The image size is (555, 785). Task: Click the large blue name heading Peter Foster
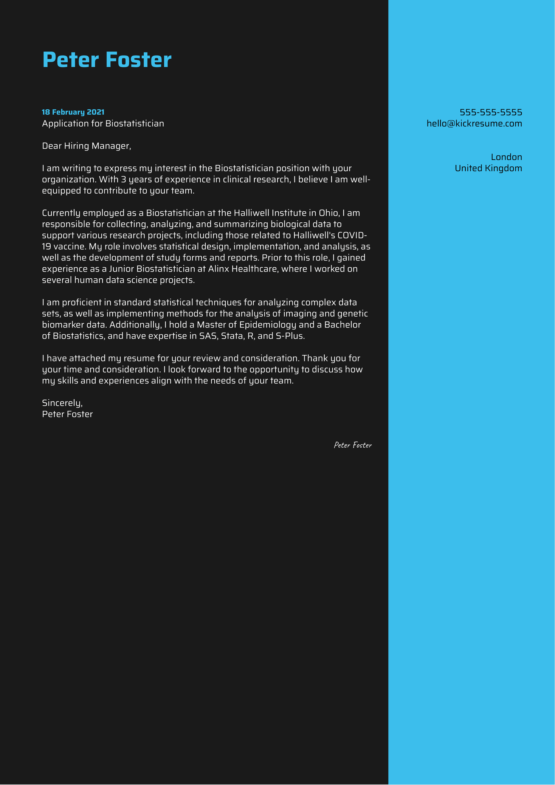[x=107, y=60]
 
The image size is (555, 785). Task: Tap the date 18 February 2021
[x=73, y=112]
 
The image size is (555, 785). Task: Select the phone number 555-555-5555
[x=491, y=112]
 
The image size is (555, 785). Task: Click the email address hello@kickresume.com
[x=474, y=123]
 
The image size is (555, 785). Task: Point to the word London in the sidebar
[x=506, y=157]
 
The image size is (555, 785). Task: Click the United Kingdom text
[x=488, y=168]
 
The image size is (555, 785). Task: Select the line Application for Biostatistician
[x=103, y=123]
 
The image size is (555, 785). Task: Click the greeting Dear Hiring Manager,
[x=87, y=146]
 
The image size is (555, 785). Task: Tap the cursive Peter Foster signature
[x=353, y=445]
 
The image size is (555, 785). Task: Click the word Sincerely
[x=62, y=403]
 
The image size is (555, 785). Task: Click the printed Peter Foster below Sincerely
[x=67, y=414]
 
